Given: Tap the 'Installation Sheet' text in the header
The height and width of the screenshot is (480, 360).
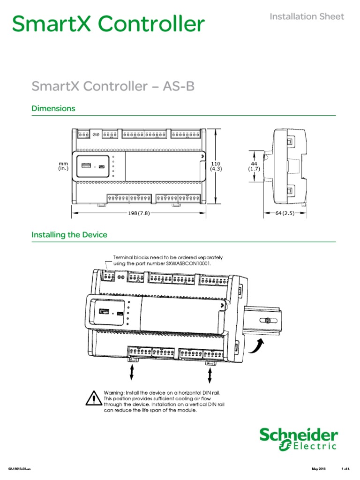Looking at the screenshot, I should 307,17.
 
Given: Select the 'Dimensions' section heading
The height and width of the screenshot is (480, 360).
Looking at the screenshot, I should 53,108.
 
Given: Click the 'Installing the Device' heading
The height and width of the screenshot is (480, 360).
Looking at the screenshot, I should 69,234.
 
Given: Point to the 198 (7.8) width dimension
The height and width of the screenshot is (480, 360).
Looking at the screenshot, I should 139,213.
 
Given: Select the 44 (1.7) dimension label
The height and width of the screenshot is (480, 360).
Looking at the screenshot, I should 254,166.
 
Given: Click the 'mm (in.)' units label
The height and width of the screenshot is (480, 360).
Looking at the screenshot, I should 63,166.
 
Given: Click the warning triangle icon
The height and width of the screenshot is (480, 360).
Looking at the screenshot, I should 94,399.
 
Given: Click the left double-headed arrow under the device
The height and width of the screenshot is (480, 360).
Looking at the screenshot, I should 132,373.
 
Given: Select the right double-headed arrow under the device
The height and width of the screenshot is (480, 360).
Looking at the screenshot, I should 209,375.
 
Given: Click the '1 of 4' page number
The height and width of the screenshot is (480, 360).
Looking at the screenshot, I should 345,469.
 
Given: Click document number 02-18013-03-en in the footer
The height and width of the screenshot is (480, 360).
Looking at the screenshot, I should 19,469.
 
